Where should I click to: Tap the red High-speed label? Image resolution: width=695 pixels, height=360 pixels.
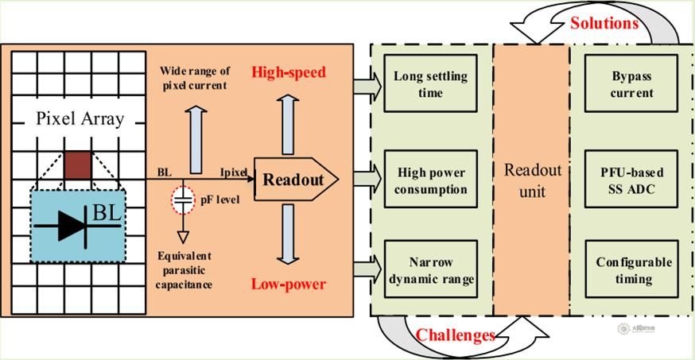pos(289,73)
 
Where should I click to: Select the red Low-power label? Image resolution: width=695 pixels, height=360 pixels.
pos(289,285)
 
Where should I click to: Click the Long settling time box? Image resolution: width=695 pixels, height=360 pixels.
pos(430,85)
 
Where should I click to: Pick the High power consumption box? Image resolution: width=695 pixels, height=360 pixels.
pos(430,182)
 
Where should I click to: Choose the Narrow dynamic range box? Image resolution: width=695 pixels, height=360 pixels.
pos(430,271)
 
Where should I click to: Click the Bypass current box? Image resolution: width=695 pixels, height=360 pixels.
pos(632,85)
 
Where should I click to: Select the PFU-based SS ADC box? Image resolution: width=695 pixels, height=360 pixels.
pos(632,182)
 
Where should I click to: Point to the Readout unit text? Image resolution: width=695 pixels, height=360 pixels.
pos(533,180)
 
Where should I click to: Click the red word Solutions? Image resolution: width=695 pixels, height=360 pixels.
pos(604,23)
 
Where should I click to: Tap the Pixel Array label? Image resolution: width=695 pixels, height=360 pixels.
pos(80,120)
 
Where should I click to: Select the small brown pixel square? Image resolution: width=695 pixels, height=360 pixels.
pos(79,163)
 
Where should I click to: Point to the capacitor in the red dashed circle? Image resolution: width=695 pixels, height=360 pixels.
pos(184,200)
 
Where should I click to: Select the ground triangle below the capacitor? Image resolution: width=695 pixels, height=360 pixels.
pos(184,236)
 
